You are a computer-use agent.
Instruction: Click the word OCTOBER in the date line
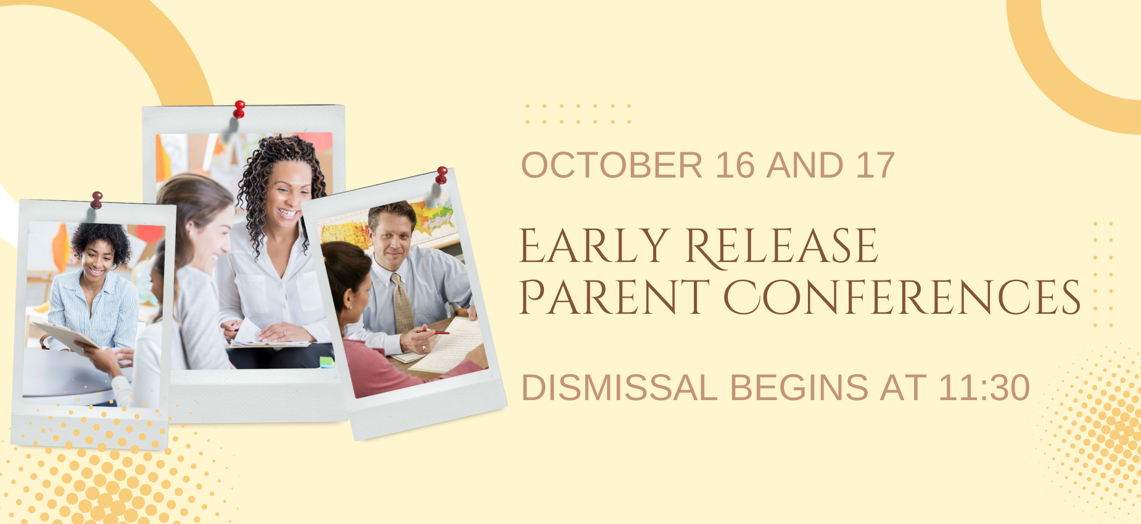coord(612,165)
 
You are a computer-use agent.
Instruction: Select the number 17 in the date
coord(875,165)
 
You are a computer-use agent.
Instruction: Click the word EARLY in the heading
coord(595,246)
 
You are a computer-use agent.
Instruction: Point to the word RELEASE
coord(782,247)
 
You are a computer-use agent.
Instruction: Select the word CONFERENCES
coord(902,297)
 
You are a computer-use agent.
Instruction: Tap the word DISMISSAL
coord(619,388)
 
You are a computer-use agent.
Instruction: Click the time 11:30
coord(984,388)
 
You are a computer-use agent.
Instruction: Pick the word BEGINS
coord(799,388)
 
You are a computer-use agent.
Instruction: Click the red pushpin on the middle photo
coord(239,110)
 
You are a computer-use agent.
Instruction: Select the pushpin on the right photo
coord(442,176)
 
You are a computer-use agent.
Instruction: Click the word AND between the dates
coord(805,165)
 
